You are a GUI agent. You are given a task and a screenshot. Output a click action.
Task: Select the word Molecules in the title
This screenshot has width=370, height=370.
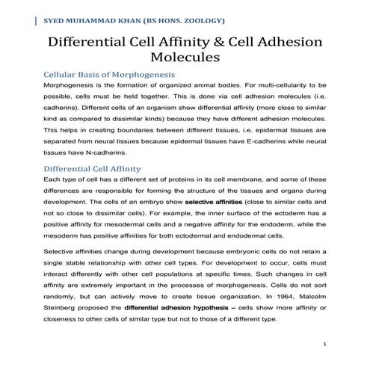tap(185, 57)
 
